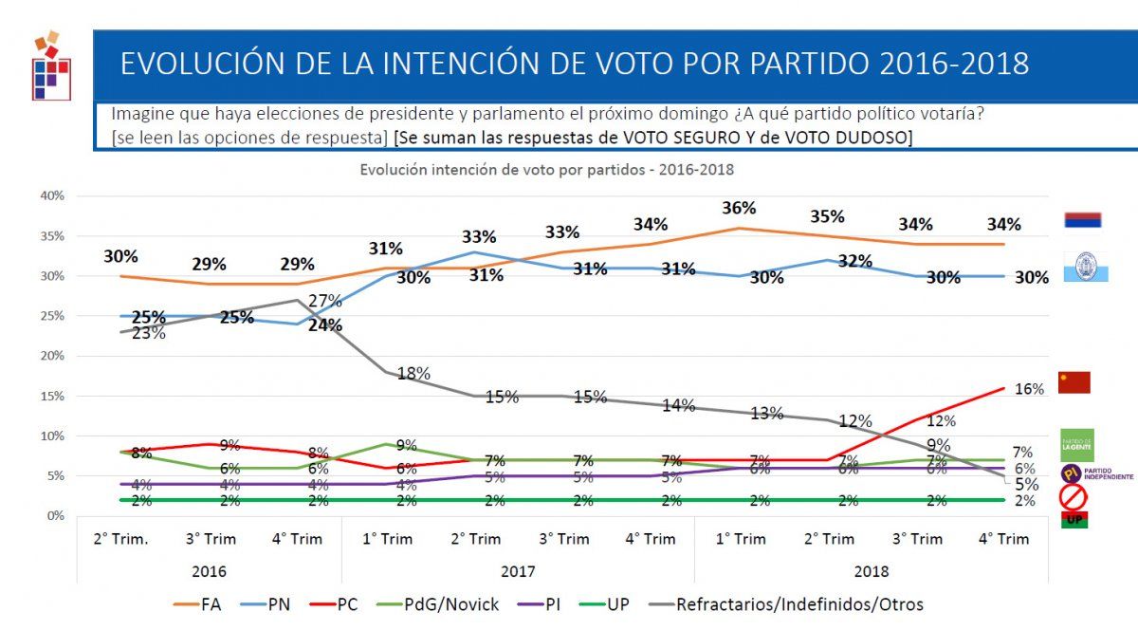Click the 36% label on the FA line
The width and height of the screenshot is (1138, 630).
(739, 209)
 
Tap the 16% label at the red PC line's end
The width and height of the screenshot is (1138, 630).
(1029, 389)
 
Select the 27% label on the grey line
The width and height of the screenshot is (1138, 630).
(325, 301)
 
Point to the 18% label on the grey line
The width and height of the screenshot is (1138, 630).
(413, 374)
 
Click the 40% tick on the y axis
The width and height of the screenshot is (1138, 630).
(50, 195)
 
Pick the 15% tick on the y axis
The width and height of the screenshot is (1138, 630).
(50, 396)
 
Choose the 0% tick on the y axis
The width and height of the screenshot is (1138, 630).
(54, 515)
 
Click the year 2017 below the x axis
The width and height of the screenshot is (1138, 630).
(518, 572)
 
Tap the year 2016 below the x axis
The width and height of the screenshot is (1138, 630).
(210, 572)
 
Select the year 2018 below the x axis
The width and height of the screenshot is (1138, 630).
(872, 572)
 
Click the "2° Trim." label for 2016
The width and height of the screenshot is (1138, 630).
(121, 539)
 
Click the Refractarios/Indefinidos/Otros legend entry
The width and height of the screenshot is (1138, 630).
(799, 604)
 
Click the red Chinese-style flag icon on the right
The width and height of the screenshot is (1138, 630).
(1074, 382)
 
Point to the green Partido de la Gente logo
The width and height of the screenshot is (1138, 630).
(1077, 444)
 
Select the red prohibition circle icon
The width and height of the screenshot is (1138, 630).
(1073, 496)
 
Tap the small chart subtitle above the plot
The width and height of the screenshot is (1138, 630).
(546, 171)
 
